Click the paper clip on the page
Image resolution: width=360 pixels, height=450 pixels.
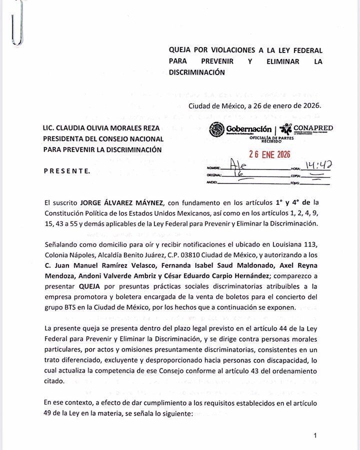coord(17,22)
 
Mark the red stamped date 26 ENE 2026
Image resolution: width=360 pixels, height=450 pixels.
coord(269,154)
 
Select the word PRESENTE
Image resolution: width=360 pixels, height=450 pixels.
coord(67,171)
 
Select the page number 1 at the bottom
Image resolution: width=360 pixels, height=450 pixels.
coord(315,436)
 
